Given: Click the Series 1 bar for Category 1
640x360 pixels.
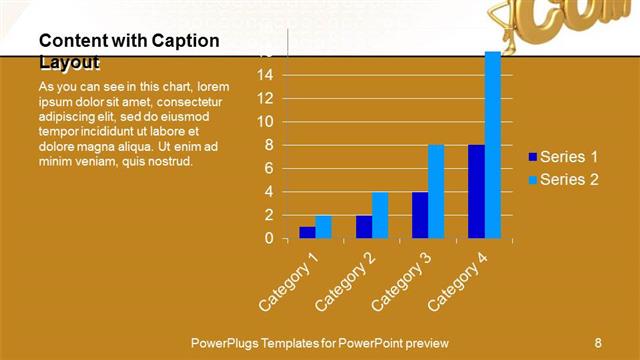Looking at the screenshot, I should coord(307,232).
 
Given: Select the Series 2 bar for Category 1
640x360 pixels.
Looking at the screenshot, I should coord(323,227).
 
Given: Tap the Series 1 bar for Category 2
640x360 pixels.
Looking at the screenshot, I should coord(364,227).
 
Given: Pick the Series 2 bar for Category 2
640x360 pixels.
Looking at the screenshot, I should coord(380,215).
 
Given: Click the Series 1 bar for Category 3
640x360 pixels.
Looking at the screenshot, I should coord(420,215).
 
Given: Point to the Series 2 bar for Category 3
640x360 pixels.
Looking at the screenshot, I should coord(436,192).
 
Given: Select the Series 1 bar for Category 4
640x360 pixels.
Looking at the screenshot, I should coord(476,192).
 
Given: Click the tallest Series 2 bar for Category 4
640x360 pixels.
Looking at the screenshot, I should coord(492,145).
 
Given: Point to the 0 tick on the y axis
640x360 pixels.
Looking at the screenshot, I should coord(269,239).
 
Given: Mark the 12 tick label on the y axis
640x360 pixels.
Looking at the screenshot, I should coord(265,98).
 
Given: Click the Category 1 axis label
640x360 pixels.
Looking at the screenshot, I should coord(289,280).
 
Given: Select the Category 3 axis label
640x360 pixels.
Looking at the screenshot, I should coord(401,280).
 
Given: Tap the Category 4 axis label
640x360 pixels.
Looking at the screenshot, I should coord(457,280).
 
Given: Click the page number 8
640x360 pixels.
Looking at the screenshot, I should coord(597,342).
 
